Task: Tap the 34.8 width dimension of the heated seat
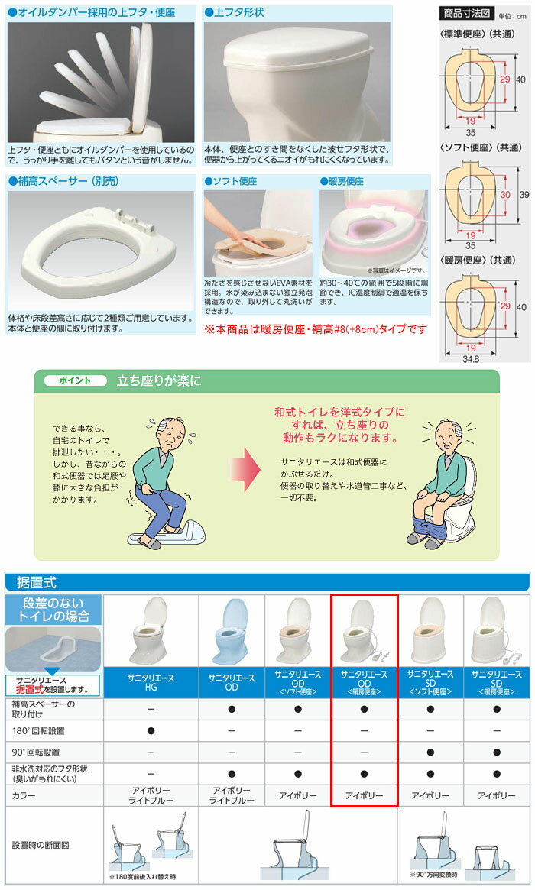470,358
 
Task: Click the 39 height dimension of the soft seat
524,194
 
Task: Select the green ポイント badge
75,380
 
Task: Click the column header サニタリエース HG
151,682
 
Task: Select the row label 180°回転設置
38,731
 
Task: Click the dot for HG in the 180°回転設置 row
151,731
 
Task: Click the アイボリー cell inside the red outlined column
364,795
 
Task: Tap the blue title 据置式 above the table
37,582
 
